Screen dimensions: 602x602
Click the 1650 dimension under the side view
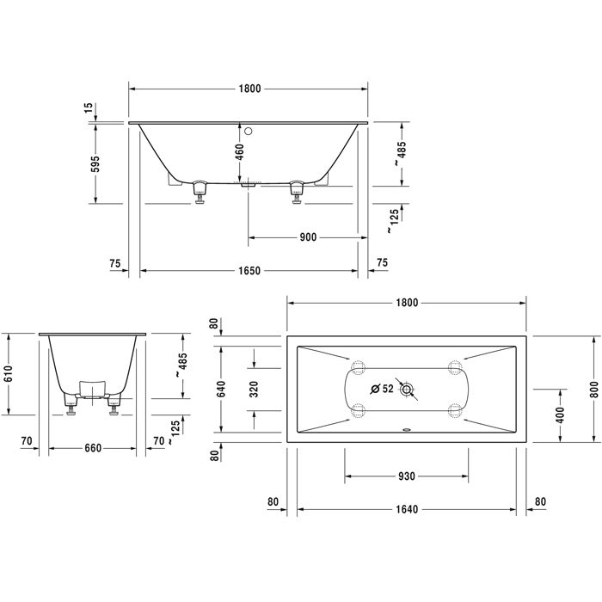(x=249, y=270)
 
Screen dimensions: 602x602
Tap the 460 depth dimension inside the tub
(x=241, y=151)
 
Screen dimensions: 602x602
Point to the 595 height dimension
(x=95, y=163)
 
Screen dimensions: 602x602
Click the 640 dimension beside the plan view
(x=221, y=388)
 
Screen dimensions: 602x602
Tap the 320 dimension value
(x=255, y=388)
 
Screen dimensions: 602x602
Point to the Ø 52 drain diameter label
(x=381, y=389)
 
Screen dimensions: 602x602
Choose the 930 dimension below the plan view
(x=406, y=476)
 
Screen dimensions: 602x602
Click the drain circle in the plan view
(x=407, y=390)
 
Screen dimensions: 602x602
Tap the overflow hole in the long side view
(x=249, y=132)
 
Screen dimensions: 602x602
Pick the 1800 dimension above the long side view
(x=249, y=89)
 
